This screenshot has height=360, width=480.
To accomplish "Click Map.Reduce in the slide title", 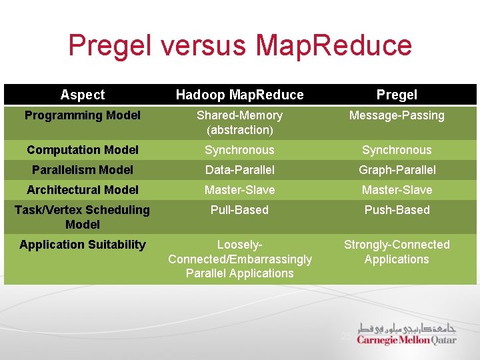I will tap(333, 45).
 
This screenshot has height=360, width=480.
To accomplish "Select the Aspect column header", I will tap(83, 95).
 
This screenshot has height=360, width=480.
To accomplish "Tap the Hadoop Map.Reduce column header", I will tap(239, 95).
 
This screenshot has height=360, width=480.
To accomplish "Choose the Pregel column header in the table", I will tap(397, 95).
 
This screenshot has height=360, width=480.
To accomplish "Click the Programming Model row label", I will tap(83, 115).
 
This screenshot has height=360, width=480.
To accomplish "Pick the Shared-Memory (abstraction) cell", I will tap(239, 123).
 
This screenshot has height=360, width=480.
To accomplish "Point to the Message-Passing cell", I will tap(397, 115).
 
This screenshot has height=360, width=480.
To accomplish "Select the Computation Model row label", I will tap(83, 150).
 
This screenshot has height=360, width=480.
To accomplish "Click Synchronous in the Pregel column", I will tap(397, 150).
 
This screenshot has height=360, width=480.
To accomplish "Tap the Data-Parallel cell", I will tap(239, 170).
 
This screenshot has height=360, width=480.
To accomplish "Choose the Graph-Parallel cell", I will tap(397, 170).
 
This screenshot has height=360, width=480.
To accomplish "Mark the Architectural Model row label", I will tap(83, 190).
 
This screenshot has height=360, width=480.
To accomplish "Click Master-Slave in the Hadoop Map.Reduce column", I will tap(239, 190).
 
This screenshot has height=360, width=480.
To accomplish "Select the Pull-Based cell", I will tap(239, 210).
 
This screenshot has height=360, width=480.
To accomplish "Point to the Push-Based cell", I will tap(397, 210).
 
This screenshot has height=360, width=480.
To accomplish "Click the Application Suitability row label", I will tap(83, 245).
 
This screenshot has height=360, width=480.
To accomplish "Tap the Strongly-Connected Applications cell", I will tap(397, 252).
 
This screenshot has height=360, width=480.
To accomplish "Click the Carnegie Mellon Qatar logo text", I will tap(406, 339).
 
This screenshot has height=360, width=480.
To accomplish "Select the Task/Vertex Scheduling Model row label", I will tap(83, 217).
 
